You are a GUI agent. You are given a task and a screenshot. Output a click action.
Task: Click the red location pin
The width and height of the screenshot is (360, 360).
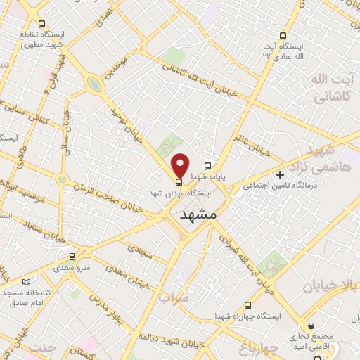[x=180, y=165]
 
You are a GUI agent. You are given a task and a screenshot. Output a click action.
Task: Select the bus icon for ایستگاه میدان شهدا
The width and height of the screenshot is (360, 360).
[x=178, y=182]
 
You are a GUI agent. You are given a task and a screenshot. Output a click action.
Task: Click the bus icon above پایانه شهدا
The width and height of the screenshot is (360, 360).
[x=207, y=167]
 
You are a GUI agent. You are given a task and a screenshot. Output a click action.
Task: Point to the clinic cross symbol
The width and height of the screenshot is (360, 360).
[x=281, y=174]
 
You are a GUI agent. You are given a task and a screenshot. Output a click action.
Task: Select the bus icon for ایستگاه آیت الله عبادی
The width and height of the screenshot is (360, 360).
[x=283, y=35]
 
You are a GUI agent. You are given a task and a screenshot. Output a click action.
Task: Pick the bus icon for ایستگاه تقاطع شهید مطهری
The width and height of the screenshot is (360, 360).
[x=42, y=23]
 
